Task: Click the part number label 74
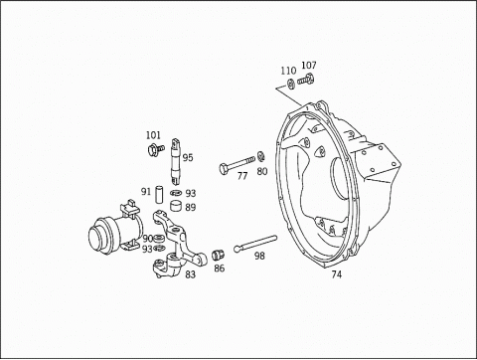336,274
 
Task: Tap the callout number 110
288,71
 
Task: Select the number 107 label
309,66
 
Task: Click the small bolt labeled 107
305,80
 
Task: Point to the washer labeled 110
291,85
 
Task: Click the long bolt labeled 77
237,164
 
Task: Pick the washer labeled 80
261,156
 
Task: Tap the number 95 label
188,158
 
